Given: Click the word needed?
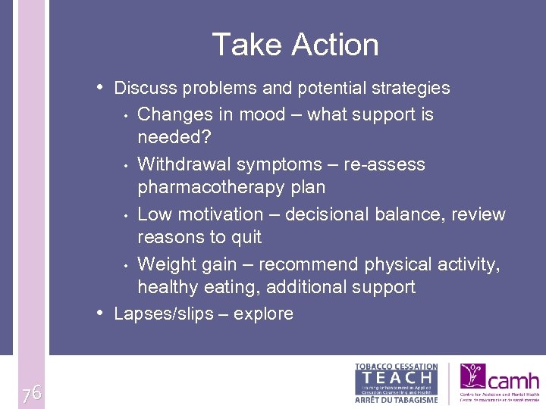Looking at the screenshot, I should pos(174,137).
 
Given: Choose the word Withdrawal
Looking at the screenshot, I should pos(184,164).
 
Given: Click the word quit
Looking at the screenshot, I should pos(246,237).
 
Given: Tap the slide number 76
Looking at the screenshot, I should pos(31,392).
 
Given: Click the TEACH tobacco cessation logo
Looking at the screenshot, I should pos(397,383).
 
